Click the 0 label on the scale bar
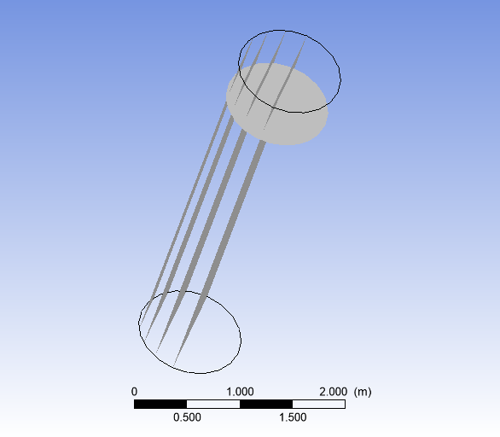(x=135, y=391)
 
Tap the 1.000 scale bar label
(x=240, y=391)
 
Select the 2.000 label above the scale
(x=333, y=391)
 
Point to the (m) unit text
(x=363, y=391)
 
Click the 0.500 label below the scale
(x=187, y=417)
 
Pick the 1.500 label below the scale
(x=293, y=417)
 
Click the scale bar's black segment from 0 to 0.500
(x=160, y=404)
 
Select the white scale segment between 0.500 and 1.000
(x=213, y=404)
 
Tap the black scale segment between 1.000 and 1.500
(x=266, y=404)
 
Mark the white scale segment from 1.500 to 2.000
(x=318, y=404)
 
